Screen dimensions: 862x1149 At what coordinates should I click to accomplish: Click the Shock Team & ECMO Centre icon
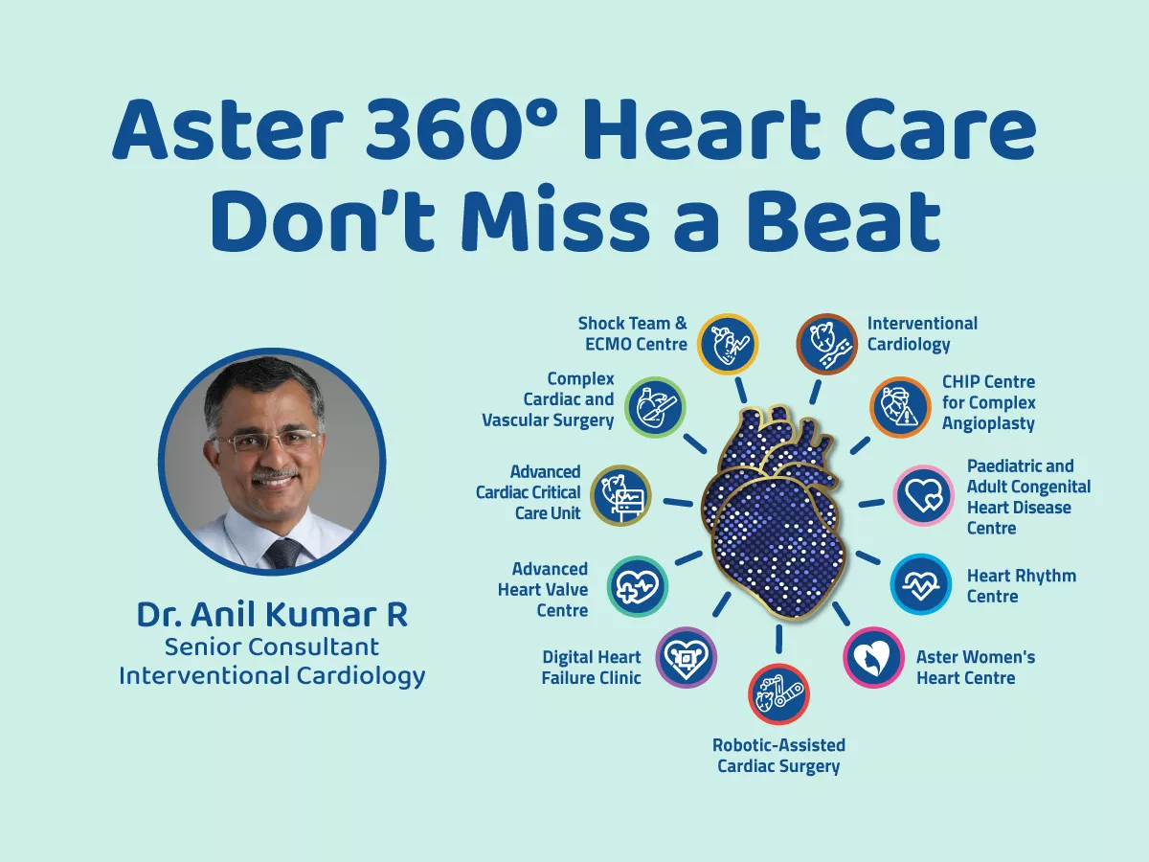click(728, 343)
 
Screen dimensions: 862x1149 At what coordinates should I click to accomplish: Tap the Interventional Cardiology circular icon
click(827, 343)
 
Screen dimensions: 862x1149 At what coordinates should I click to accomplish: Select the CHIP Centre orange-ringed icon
click(900, 407)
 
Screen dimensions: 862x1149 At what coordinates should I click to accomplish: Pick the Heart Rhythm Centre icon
click(921, 584)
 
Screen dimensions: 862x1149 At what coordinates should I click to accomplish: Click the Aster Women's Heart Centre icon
click(873, 657)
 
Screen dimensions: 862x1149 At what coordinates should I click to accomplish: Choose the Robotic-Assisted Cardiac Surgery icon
click(777, 694)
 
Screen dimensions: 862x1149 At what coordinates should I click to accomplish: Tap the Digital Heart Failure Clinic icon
click(686, 658)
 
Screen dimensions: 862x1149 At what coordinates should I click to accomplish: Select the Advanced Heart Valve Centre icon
click(638, 585)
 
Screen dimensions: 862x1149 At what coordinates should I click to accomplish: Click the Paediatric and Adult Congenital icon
click(924, 495)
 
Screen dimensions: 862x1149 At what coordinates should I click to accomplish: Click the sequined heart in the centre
click(777, 517)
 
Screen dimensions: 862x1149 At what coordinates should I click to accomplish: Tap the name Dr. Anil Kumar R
click(272, 615)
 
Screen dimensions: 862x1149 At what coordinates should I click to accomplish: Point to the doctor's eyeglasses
click(265, 442)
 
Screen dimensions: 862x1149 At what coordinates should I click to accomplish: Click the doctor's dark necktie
click(284, 553)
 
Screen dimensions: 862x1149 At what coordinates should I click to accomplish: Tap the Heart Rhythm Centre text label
click(1021, 585)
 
